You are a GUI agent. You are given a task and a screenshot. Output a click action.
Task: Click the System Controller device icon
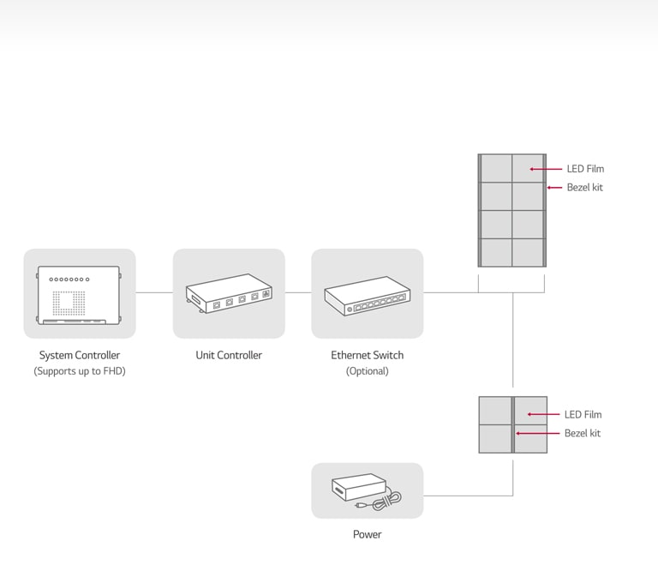point(79,295)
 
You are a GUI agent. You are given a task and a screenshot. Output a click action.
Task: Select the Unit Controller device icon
point(229,294)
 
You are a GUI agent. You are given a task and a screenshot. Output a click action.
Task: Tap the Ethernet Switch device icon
point(367,295)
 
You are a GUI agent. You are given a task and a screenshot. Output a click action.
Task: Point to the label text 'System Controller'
point(80,355)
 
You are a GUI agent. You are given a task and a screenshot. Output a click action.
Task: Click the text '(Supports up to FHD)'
point(80,371)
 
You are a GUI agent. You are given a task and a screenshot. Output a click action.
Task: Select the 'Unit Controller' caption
point(229,355)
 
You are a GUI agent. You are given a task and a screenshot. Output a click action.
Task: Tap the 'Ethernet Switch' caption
point(367,355)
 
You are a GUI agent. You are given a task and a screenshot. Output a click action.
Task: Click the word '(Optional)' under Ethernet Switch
point(367,371)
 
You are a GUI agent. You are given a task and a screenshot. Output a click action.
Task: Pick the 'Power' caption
point(367,534)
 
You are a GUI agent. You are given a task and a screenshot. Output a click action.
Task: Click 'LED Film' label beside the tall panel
point(585,169)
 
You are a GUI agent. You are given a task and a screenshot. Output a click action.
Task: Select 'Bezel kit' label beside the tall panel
point(584,187)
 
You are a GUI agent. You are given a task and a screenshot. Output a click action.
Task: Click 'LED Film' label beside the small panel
point(583,415)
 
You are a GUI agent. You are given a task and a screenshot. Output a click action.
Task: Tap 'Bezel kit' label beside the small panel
point(582,433)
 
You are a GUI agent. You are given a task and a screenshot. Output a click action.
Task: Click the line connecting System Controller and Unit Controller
point(154,292)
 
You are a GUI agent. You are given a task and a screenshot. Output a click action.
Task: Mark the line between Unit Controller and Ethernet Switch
point(298,292)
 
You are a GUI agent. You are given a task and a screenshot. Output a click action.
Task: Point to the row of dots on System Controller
point(69,279)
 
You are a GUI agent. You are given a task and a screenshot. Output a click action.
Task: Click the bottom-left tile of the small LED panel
point(495,438)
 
